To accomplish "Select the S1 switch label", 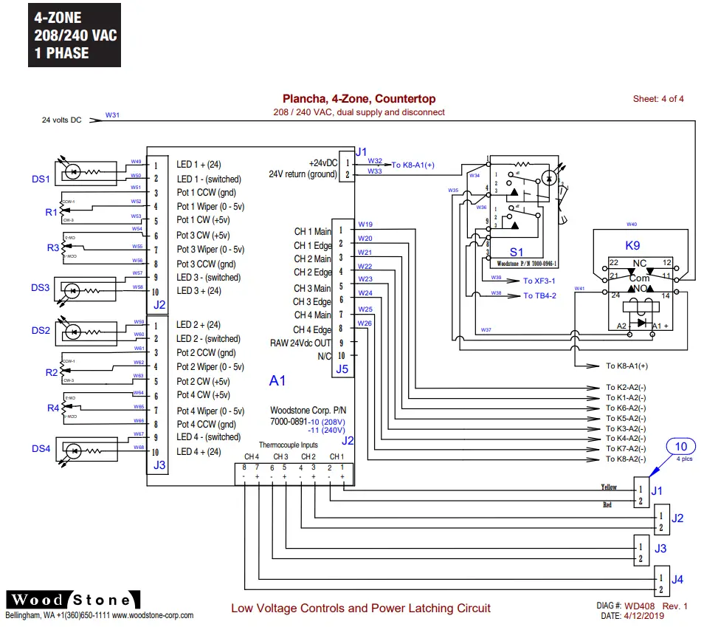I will [517, 253].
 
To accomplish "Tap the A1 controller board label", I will [277, 380].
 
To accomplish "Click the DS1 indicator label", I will [41, 179].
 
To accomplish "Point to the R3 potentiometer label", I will [53, 248].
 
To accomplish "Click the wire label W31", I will [112, 115].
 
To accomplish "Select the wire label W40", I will [631, 224].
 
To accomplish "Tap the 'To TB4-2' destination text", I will [539, 295].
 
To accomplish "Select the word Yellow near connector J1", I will [609, 487].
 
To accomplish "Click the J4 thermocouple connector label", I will [677, 579].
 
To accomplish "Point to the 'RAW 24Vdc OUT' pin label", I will [300, 343].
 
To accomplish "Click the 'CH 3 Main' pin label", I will [312, 288].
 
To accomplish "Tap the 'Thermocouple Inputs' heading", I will [289, 445].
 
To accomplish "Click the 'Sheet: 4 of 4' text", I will [658, 99].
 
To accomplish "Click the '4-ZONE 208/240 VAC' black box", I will [75, 35].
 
